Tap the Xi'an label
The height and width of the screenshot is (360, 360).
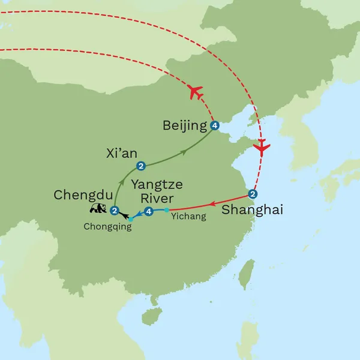[118, 154]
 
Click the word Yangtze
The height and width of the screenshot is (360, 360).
[158, 185]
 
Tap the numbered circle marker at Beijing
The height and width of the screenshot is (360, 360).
[214, 126]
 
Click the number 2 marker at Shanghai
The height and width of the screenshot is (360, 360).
[253, 194]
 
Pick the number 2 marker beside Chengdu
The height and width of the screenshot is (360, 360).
[113, 210]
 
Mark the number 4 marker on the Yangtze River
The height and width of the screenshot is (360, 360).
[149, 211]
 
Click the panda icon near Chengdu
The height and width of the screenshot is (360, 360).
[98, 209]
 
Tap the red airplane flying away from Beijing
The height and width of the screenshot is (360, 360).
[194, 92]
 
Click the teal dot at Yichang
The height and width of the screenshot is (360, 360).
[166, 210]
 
